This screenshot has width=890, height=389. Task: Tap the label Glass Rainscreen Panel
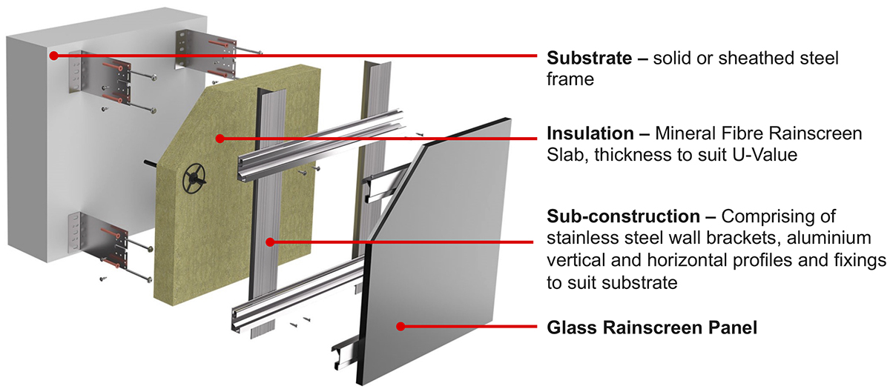[x=652, y=327]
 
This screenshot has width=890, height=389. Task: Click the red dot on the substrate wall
[x=53, y=56]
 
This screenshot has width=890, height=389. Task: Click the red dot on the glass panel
[x=400, y=326]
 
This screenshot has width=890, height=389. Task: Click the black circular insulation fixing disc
[x=194, y=178]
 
